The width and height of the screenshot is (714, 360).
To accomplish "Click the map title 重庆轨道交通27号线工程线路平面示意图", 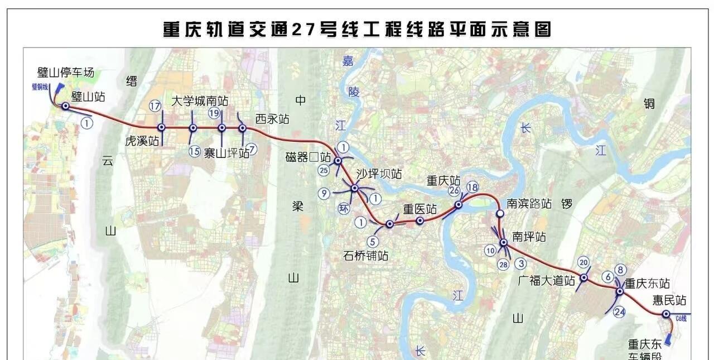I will pos(357,29).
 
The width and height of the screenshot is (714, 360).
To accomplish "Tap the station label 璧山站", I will pos(88,97).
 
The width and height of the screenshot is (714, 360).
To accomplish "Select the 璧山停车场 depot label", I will pos(66,73).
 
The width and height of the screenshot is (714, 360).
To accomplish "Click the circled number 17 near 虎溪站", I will pos(155,106).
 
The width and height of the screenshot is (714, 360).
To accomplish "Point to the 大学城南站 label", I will pos(200,101).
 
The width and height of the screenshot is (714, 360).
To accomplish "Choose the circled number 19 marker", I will pos(214,113).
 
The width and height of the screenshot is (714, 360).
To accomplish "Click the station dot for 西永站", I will pos(242,128).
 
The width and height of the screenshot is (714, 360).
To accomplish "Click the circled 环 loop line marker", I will pos(344,209).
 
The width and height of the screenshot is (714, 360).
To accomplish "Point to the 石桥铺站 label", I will pos(366,256).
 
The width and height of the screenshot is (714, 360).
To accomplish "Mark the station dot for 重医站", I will pos(420,220).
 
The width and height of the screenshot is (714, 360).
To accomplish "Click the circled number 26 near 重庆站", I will pos(454,191).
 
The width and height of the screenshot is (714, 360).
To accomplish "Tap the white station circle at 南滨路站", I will pos(500,213).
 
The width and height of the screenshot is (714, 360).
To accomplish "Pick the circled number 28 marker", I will pos(504,264).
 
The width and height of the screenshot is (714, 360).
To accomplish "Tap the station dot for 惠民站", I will pos(666,314).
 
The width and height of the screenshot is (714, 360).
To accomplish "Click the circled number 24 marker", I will pos(619,312).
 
